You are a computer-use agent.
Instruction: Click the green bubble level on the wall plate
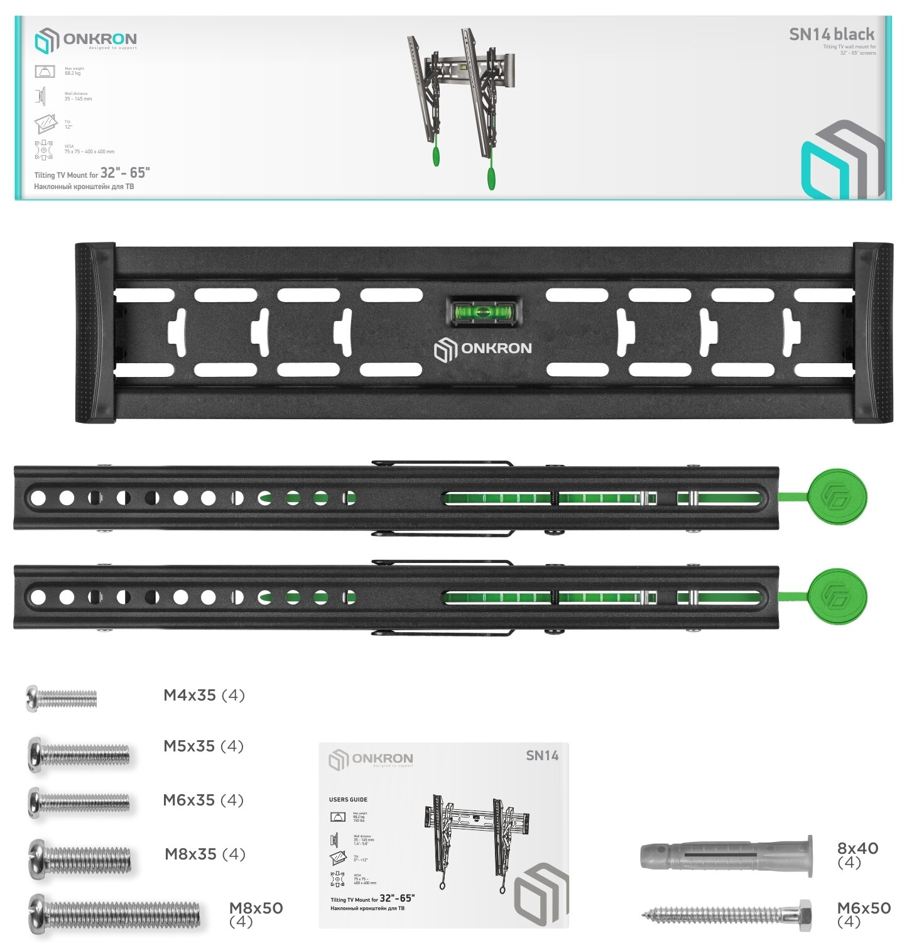coord(483,310)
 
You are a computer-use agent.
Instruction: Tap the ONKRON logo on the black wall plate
coord(483,349)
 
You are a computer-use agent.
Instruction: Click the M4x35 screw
coord(62,698)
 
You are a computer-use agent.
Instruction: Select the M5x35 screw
coord(79,754)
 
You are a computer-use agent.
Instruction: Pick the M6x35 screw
coord(79,802)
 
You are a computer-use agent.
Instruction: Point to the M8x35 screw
coord(80,860)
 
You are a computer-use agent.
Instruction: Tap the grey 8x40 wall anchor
coord(726,855)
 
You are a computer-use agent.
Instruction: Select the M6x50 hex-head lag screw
coord(726,912)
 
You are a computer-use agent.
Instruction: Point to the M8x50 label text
coord(256,909)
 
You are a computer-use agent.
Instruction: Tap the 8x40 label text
coord(857,849)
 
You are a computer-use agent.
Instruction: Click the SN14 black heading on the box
coord(832,35)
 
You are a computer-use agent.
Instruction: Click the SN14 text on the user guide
coord(542,756)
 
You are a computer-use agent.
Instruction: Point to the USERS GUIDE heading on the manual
coord(348,800)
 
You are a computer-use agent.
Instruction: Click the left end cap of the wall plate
coord(95,332)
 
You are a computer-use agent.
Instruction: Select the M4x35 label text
coord(190,696)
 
